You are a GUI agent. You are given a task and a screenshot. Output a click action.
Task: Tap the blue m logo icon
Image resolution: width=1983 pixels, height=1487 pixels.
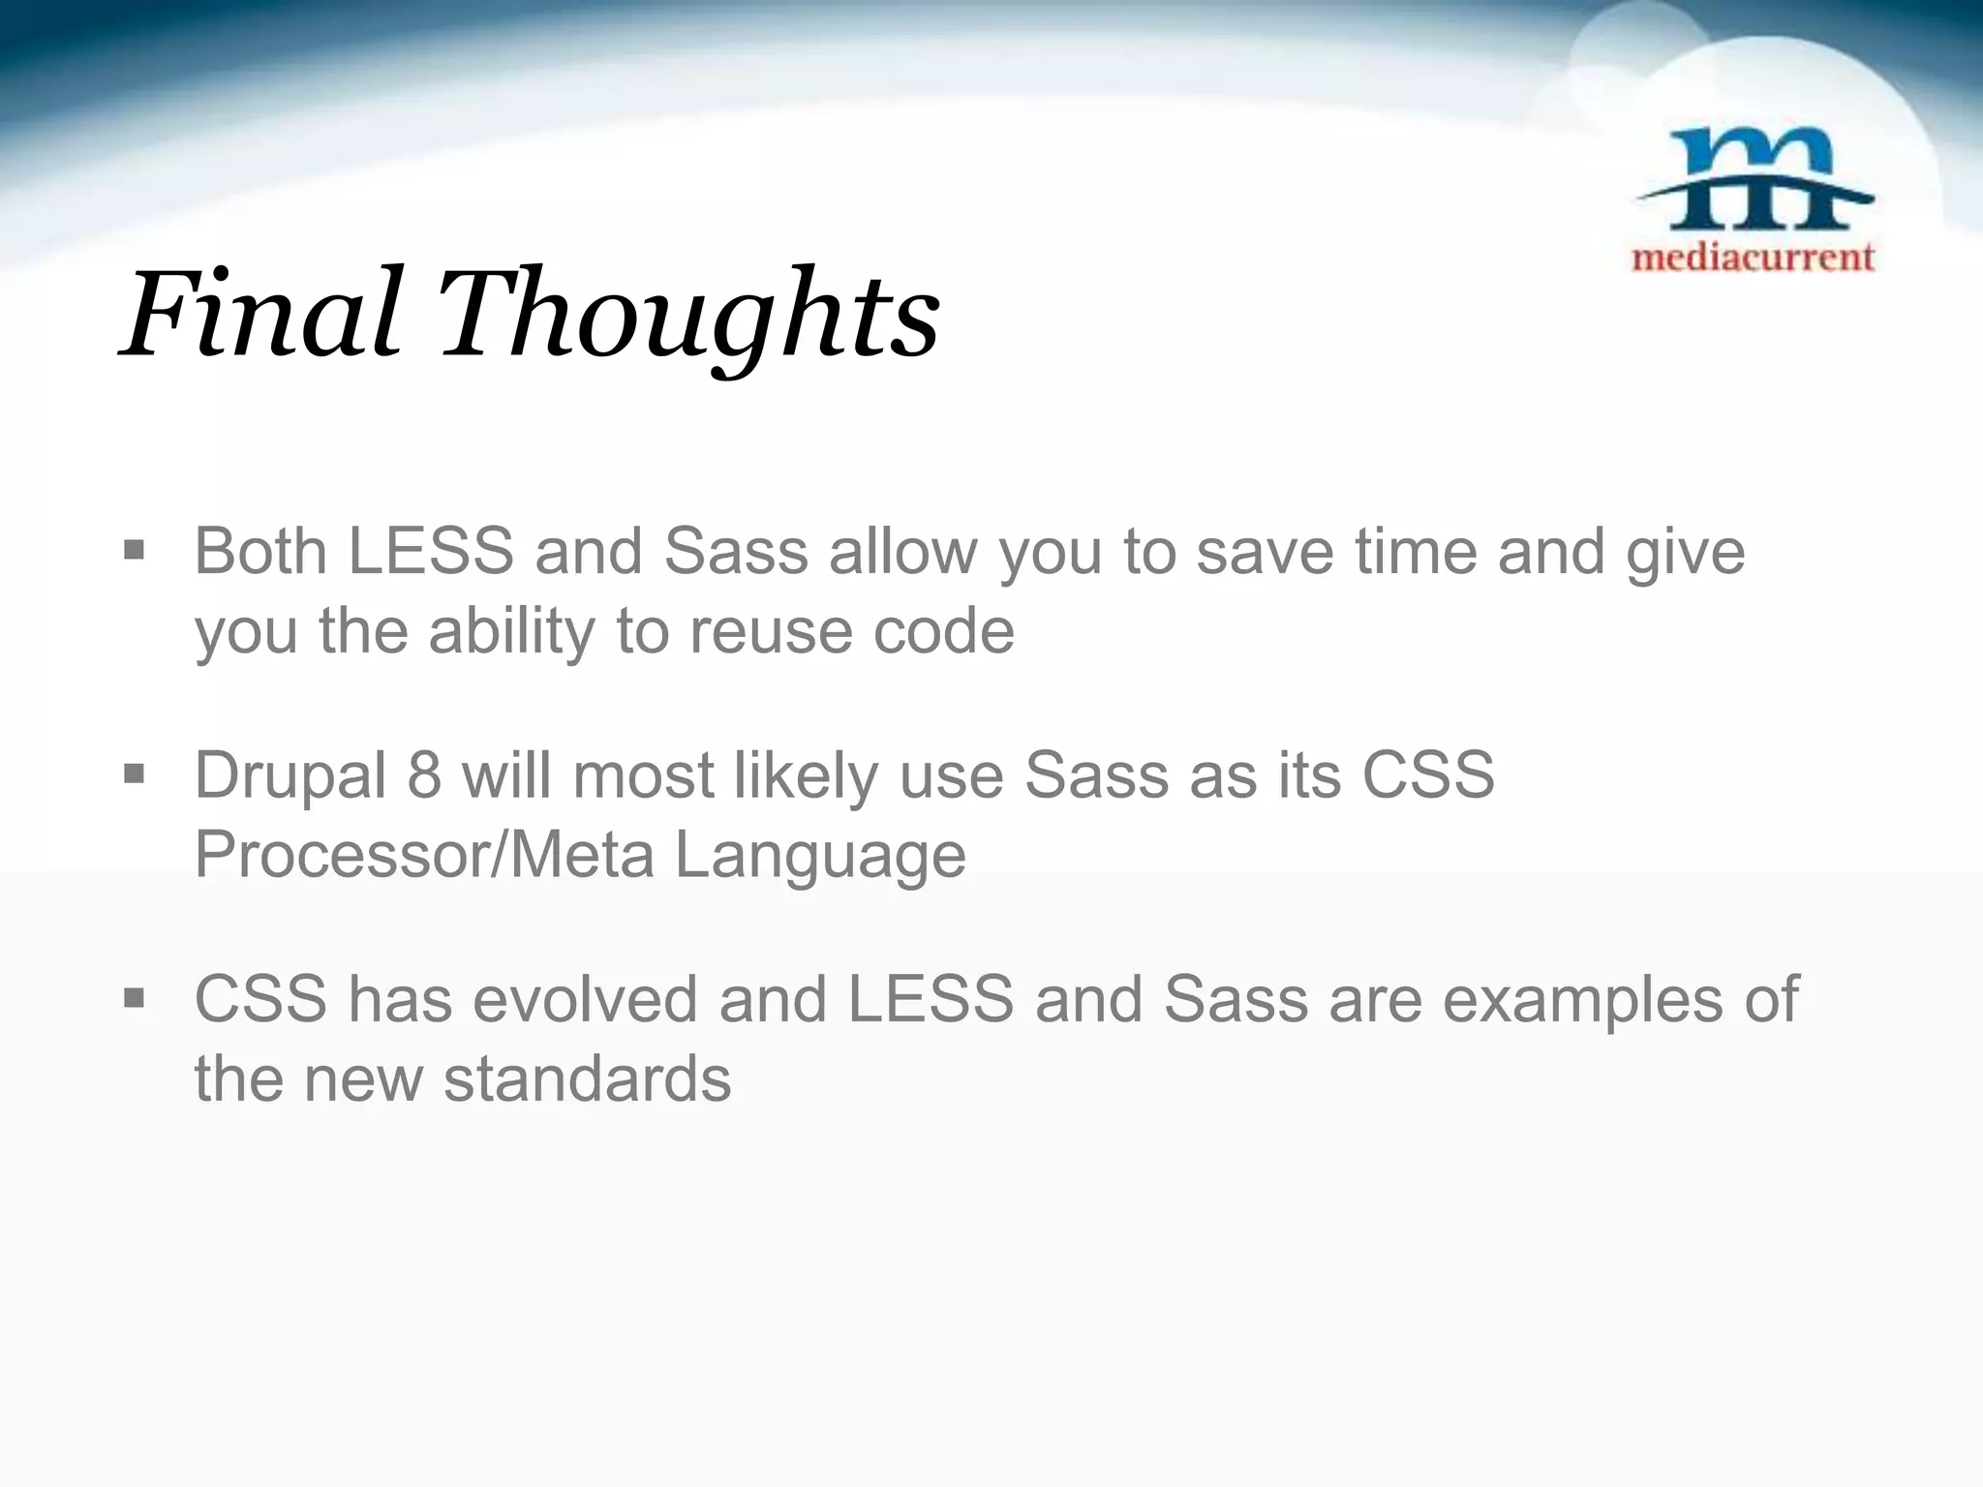pyautogui.click(x=1753, y=180)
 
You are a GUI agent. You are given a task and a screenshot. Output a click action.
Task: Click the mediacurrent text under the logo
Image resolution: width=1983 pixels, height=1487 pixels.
pyautogui.click(x=1753, y=258)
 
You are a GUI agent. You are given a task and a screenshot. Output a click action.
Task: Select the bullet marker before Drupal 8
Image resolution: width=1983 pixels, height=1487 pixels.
pyautogui.click(x=134, y=774)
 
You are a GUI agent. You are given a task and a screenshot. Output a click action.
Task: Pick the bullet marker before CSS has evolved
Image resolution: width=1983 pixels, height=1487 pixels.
pyautogui.click(x=134, y=998)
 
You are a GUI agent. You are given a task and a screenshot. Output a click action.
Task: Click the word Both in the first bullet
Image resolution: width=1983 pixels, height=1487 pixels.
pyautogui.click(x=259, y=552)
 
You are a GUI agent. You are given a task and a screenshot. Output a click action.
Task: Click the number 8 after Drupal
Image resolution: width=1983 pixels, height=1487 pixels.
pyautogui.click(x=423, y=775)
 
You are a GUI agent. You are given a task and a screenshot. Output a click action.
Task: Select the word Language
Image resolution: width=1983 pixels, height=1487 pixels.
pyautogui.click(x=819, y=855)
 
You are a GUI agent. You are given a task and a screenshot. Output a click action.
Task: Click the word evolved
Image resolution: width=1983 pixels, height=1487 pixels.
pyautogui.click(x=584, y=999)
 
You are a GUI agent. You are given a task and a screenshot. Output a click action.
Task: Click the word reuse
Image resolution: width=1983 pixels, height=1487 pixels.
pyautogui.click(x=770, y=631)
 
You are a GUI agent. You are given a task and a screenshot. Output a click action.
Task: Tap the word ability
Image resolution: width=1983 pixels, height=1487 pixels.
pyautogui.click(x=512, y=631)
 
